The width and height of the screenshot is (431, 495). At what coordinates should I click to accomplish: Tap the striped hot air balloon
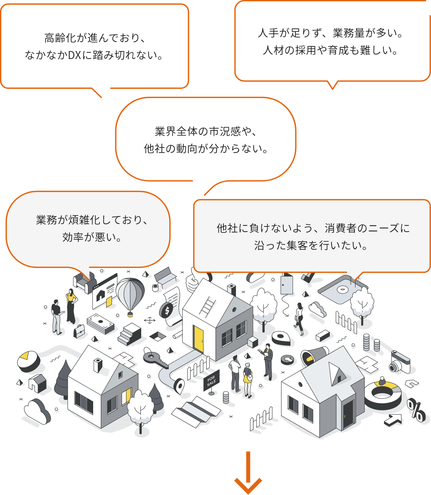tap(130, 295)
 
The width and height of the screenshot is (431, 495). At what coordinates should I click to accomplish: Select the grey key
tap(154, 359)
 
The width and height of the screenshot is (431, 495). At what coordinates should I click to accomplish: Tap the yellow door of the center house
tap(198, 339)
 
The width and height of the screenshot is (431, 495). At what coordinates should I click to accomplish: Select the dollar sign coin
tap(166, 310)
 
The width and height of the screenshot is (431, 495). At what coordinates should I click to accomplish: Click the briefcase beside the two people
tap(80, 331)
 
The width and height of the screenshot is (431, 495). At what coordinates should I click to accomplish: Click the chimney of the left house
tap(98, 365)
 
